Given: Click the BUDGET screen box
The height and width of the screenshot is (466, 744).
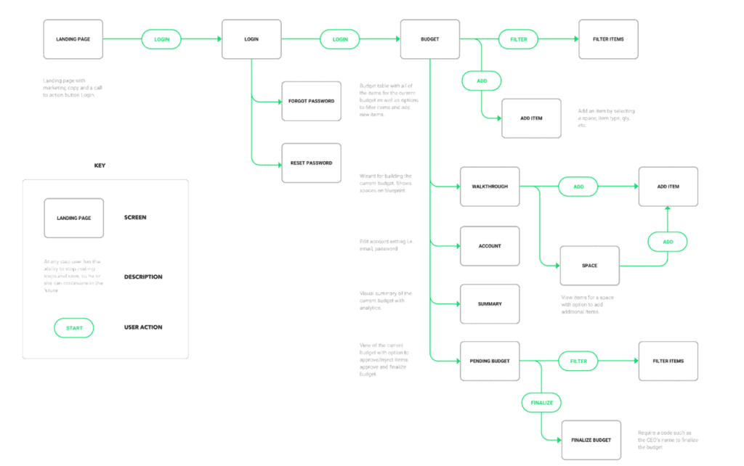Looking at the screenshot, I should [x=430, y=39].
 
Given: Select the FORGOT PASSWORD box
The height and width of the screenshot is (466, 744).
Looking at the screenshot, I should [x=311, y=101].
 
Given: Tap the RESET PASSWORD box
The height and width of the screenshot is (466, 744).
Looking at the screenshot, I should [x=311, y=163].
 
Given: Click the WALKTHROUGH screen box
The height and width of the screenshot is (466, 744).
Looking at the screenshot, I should [x=490, y=187].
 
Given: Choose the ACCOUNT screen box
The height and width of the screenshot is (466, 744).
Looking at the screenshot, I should [x=490, y=246].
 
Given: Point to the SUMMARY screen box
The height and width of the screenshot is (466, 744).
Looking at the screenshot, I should [x=490, y=304].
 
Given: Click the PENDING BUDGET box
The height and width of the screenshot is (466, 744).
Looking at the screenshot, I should [x=490, y=361].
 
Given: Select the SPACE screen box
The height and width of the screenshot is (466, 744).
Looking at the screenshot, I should [x=589, y=266].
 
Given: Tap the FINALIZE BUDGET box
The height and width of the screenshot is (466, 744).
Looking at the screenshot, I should [x=591, y=440].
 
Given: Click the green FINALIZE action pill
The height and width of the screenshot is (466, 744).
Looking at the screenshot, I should [x=542, y=402].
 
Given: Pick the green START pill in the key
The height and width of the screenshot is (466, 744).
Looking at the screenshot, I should [x=74, y=328].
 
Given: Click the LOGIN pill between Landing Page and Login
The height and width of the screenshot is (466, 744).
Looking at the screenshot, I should [x=161, y=39].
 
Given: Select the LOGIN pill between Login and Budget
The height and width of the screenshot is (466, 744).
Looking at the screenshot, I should [x=340, y=39].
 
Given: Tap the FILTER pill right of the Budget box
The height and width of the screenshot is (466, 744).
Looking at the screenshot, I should [x=518, y=39].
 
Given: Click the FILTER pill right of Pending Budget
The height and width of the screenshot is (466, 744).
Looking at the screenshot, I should [x=578, y=361].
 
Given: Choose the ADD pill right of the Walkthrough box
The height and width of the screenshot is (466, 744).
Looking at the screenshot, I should [x=578, y=187].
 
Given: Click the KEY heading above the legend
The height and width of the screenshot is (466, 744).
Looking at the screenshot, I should [x=100, y=165].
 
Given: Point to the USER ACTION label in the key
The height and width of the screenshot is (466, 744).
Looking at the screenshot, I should [x=143, y=327].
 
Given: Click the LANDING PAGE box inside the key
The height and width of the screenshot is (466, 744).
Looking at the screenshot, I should [x=74, y=218].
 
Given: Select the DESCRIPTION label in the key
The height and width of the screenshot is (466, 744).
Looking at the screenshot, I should [x=143, y=277].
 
